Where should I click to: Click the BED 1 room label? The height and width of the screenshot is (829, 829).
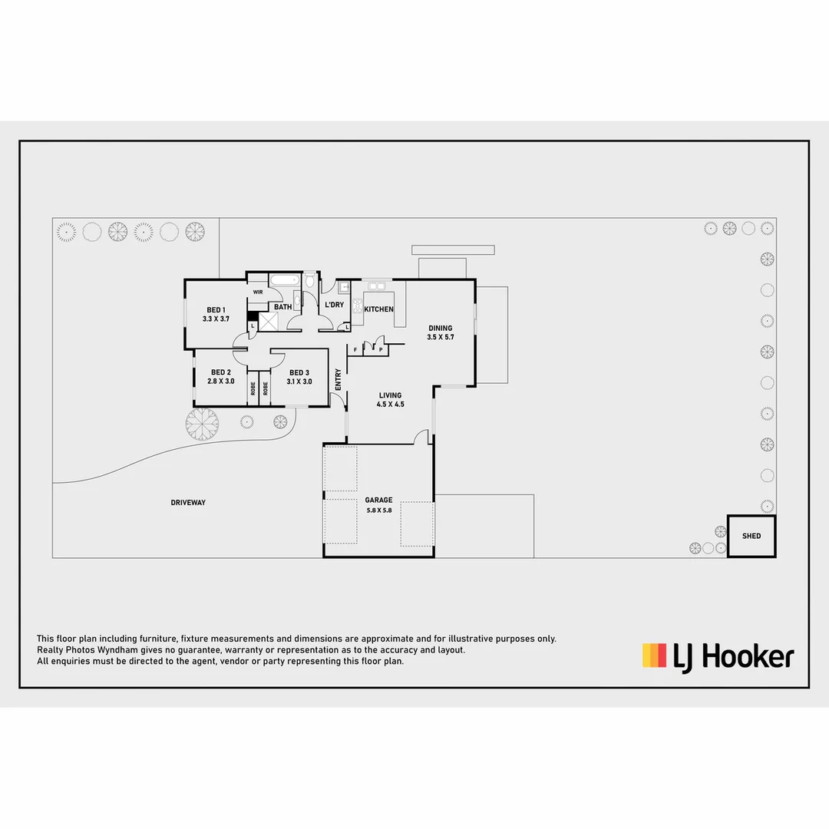click(x=216, y=309)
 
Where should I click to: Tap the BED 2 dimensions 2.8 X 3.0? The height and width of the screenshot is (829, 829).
click(x=220, y=381)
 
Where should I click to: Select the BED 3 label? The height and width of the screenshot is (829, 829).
click(x=299, y=372)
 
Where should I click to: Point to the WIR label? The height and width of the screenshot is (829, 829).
click(x=258, y=292)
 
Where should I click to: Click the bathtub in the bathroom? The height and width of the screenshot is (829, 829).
click(x=285, y=280)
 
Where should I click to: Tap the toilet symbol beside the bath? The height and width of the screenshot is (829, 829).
click(x=309, y=281)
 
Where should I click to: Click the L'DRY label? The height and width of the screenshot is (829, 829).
click(x=334, y=305)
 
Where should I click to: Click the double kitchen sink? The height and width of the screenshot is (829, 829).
click(x=376, y=286)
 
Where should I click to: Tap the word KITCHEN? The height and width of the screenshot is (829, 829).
click(x=378, y=309)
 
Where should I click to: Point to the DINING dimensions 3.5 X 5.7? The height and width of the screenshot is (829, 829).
click(x=441, y=336)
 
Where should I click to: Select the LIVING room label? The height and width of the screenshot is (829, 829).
click(x=390, y=395)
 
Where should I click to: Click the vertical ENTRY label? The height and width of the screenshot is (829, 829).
click(x=339, y=378)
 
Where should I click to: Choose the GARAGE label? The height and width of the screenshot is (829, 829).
click(x=378, y=500)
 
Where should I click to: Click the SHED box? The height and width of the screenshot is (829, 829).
click(x=751, y=536)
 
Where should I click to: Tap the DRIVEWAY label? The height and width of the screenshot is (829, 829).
click(x=188, y=503)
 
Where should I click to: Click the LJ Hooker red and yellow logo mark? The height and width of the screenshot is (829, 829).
click(x=654, y=656)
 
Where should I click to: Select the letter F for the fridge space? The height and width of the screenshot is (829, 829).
click(x=355, y=350)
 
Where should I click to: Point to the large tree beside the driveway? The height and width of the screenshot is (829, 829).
click(x=203, y=423)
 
